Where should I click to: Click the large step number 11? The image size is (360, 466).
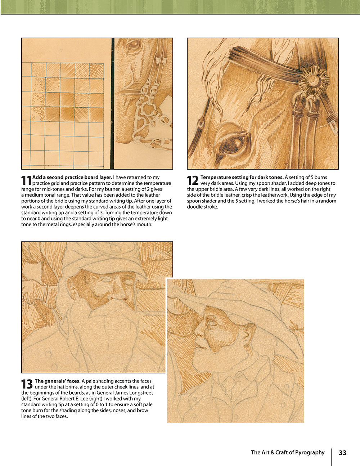point(26,181)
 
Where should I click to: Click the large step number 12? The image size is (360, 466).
point(193,181)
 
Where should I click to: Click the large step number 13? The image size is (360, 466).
point(27,384)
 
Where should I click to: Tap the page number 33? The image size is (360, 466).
point(342,453)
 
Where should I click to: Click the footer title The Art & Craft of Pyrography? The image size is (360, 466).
point(288,453)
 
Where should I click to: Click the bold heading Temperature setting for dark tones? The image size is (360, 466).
point(242,177)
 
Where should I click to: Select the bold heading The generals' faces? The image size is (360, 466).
point(57,381)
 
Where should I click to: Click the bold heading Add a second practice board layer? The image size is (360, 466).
point(72,177)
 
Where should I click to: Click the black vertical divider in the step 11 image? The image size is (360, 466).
point(112,104)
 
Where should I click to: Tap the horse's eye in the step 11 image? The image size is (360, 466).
point(134,45)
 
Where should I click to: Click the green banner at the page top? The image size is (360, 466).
point(180,7)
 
